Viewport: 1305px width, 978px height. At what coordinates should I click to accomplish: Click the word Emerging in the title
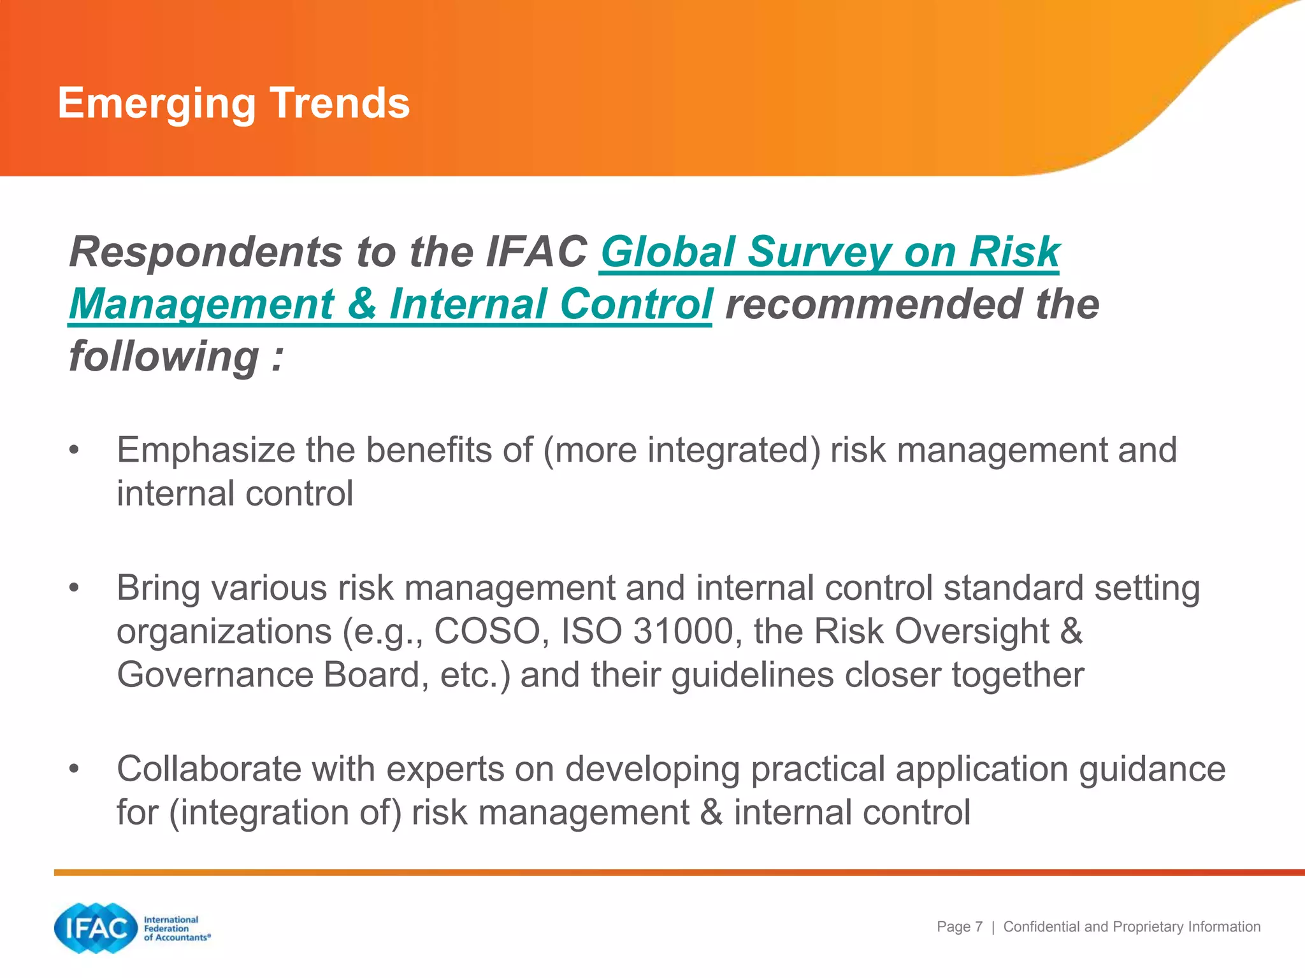click(157, 103)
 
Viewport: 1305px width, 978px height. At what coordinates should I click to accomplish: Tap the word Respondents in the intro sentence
click(206, 252)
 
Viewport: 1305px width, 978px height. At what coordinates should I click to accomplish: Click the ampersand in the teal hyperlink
click(362, 304)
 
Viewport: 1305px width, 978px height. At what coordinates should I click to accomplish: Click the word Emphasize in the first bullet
click(205, 451)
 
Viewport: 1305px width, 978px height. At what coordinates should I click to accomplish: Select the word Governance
click(215, 675)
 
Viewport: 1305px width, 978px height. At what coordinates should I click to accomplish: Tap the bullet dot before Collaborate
click(75, 769)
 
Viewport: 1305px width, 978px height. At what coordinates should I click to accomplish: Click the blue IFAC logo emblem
click(96, 928)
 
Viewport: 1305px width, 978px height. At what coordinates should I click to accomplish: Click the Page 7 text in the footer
click(959, 927)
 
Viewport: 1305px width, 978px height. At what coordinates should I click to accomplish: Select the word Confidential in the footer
click(1041, 927)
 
